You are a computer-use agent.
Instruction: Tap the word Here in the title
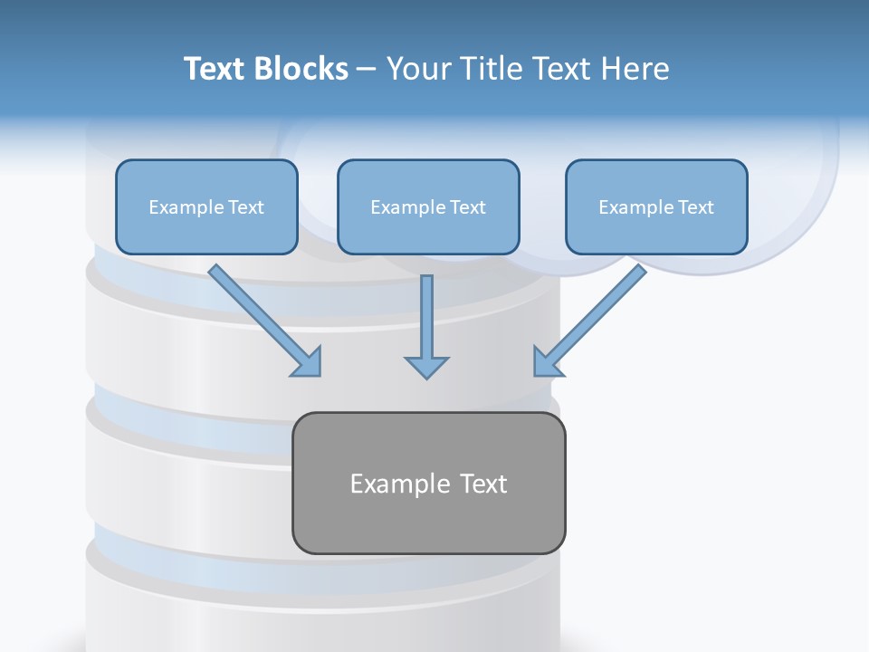634,69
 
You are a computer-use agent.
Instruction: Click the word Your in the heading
419,69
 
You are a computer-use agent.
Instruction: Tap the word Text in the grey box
483,484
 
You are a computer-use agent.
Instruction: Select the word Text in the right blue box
695,207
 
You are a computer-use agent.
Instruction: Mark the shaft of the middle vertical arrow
426,312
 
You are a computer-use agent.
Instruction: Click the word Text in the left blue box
245,207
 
